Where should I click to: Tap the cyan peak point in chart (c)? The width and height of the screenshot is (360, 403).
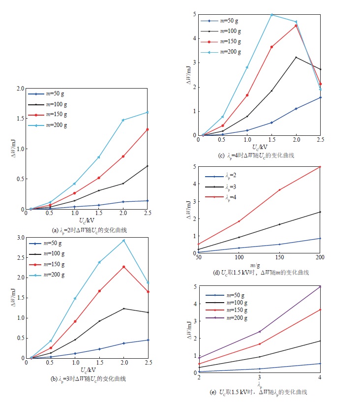coord(271,15)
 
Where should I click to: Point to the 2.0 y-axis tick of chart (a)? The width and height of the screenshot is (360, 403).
coord(20,89)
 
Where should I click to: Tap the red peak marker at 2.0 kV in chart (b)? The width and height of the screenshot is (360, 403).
coord(123,267)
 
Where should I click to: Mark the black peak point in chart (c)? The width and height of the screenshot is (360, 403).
coord(296,58)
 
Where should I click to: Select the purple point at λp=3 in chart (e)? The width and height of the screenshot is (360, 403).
coord(259,332)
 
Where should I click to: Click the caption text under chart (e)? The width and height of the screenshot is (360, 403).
coord(259,392)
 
